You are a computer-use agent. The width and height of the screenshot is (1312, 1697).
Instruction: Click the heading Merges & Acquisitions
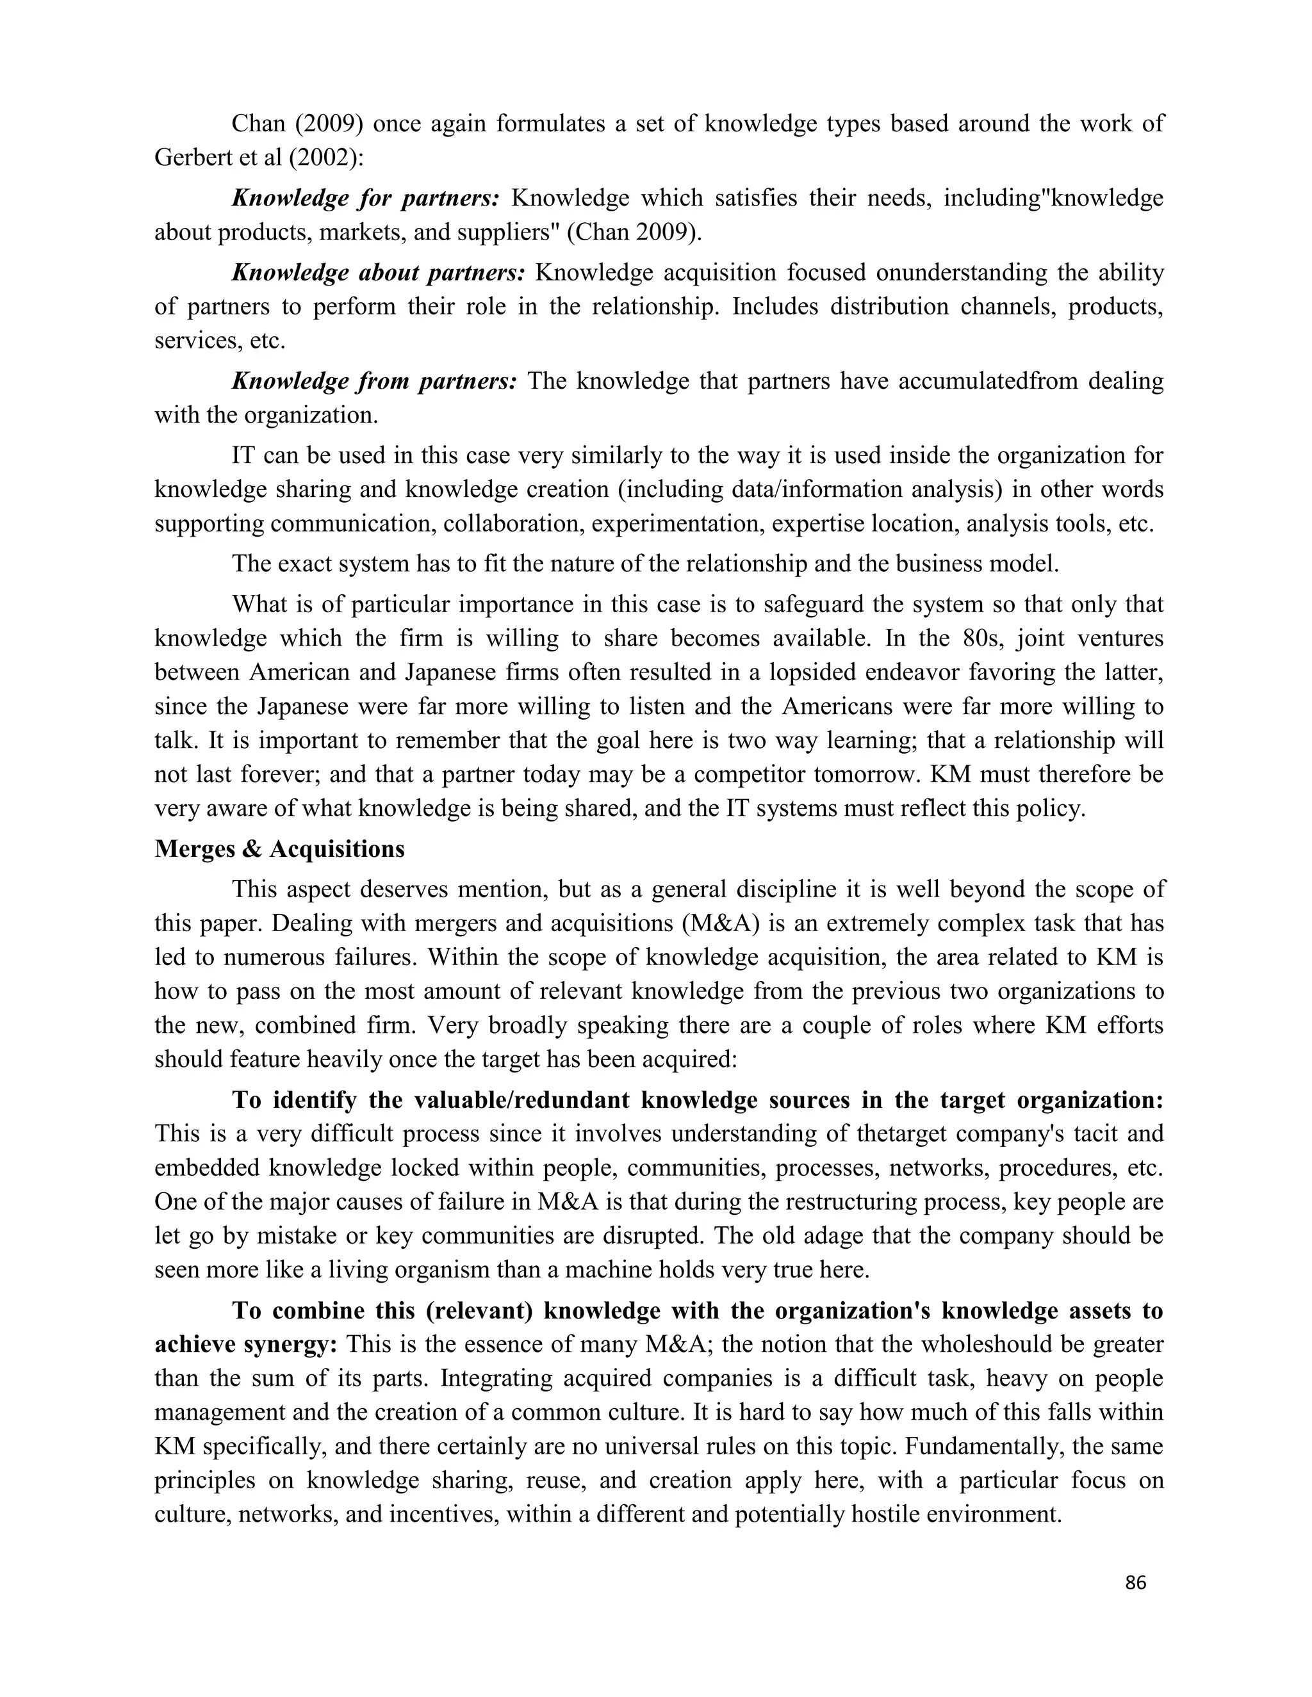(279, 849)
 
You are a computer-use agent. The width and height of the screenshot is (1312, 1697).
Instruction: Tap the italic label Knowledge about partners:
(379, 273)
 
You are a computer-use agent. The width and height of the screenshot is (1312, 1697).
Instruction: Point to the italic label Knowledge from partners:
(374, 382)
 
